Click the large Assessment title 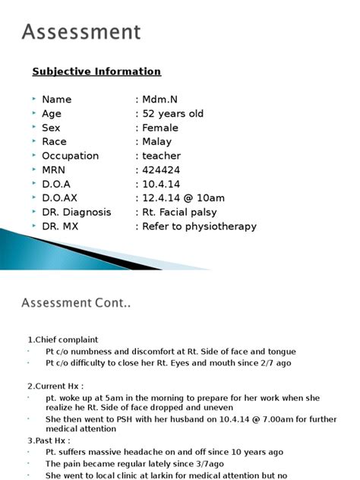tap(81, 32)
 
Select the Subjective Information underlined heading tap(96, 71)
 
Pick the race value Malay tap(157, 141)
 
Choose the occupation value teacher tap(162, 156)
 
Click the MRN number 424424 tap(162, 170)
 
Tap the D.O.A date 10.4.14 tap(160, 185)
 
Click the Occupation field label tap(71, 156)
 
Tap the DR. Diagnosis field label tap(77, 213)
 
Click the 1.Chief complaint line tap(63, 339)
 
